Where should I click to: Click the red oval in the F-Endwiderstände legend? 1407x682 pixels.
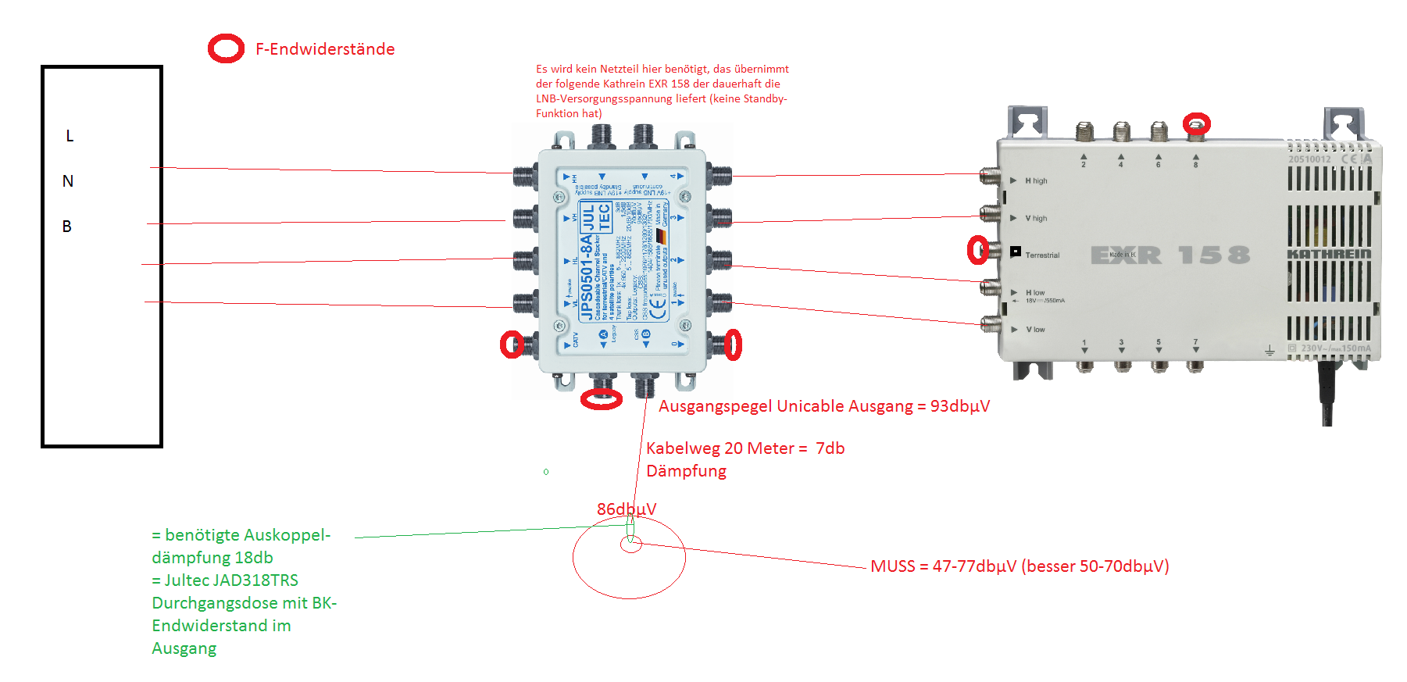(226, 48)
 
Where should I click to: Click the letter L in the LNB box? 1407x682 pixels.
(70, 136)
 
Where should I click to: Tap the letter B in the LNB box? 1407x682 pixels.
(67, 227)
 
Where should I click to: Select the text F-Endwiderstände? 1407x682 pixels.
(325, 49)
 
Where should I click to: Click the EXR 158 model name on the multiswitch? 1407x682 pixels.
(1170, 255)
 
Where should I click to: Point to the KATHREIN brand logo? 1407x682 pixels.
(1328, 254)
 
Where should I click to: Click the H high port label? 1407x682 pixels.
(1036, 181)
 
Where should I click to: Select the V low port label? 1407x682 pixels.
(1035, 330)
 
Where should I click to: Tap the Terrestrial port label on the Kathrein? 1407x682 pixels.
(1042, 255)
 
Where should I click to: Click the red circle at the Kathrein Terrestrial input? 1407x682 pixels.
(977, 250)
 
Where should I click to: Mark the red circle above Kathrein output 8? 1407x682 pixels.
(1196, 123)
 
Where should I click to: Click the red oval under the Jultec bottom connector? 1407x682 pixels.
(602, 400)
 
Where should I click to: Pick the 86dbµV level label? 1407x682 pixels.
(627, 509)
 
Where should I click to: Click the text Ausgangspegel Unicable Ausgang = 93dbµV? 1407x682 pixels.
(823, 406)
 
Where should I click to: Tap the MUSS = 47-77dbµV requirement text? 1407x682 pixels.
(1020, 566)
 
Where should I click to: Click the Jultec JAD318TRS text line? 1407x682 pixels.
(225, 580)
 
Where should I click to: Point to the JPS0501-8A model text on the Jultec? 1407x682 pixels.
(586, 277)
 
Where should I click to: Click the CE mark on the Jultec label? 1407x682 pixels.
(658, 308)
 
